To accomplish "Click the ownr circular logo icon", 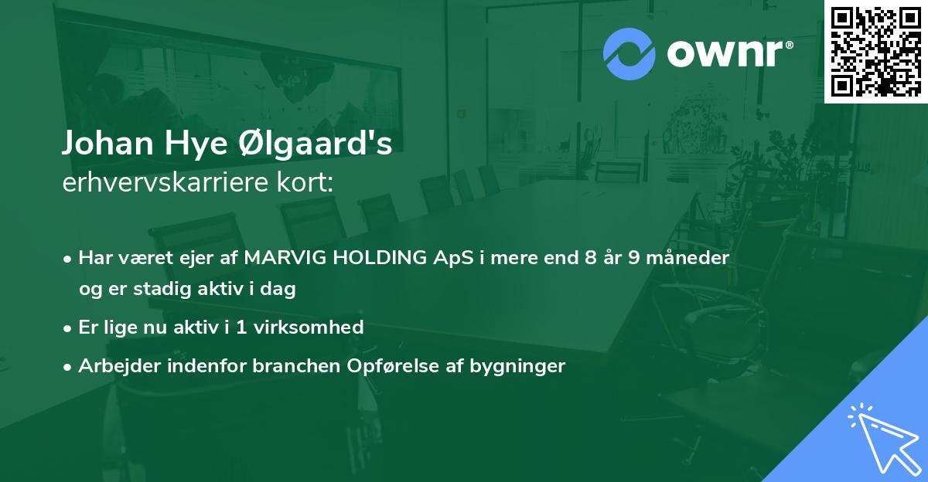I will pos(629,54).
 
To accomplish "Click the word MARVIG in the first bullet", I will pos(281,258).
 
